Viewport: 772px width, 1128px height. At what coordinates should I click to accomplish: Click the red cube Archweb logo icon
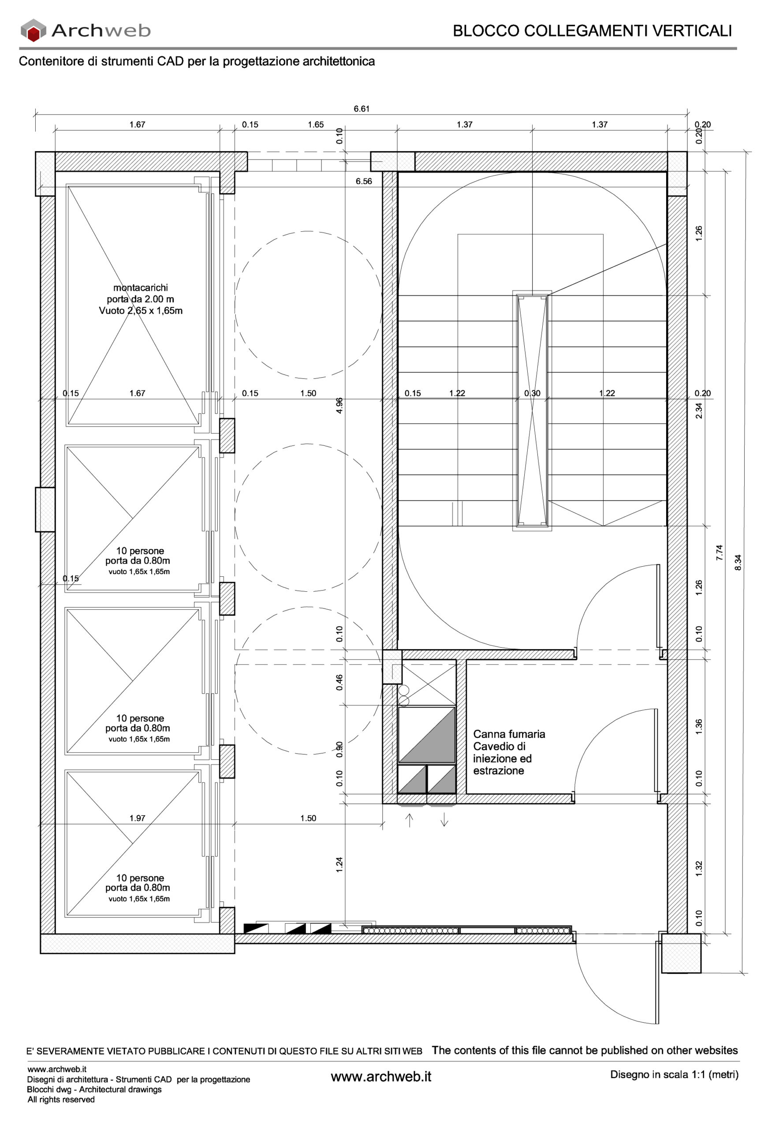coord(33,30)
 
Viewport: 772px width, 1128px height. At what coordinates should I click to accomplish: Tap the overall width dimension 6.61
coord(361,109)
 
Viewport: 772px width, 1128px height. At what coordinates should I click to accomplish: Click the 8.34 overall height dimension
coord(738,562)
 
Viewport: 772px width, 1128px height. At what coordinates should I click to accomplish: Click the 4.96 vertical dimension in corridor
coord(339,405)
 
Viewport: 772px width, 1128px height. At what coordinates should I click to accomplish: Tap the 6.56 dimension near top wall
coord(364,182)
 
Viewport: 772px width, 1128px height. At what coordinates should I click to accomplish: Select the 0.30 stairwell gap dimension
coord(532,393)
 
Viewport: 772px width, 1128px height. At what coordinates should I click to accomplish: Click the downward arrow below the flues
coord(444,820)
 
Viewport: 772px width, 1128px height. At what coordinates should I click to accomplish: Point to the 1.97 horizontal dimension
coord(137,818)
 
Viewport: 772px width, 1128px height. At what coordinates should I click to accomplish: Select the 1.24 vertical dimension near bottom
coord(339,865)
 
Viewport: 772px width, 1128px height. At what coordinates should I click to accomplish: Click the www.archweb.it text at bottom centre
coord(380,1076)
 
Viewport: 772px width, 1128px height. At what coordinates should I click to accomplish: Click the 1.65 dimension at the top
coord(316,125)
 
